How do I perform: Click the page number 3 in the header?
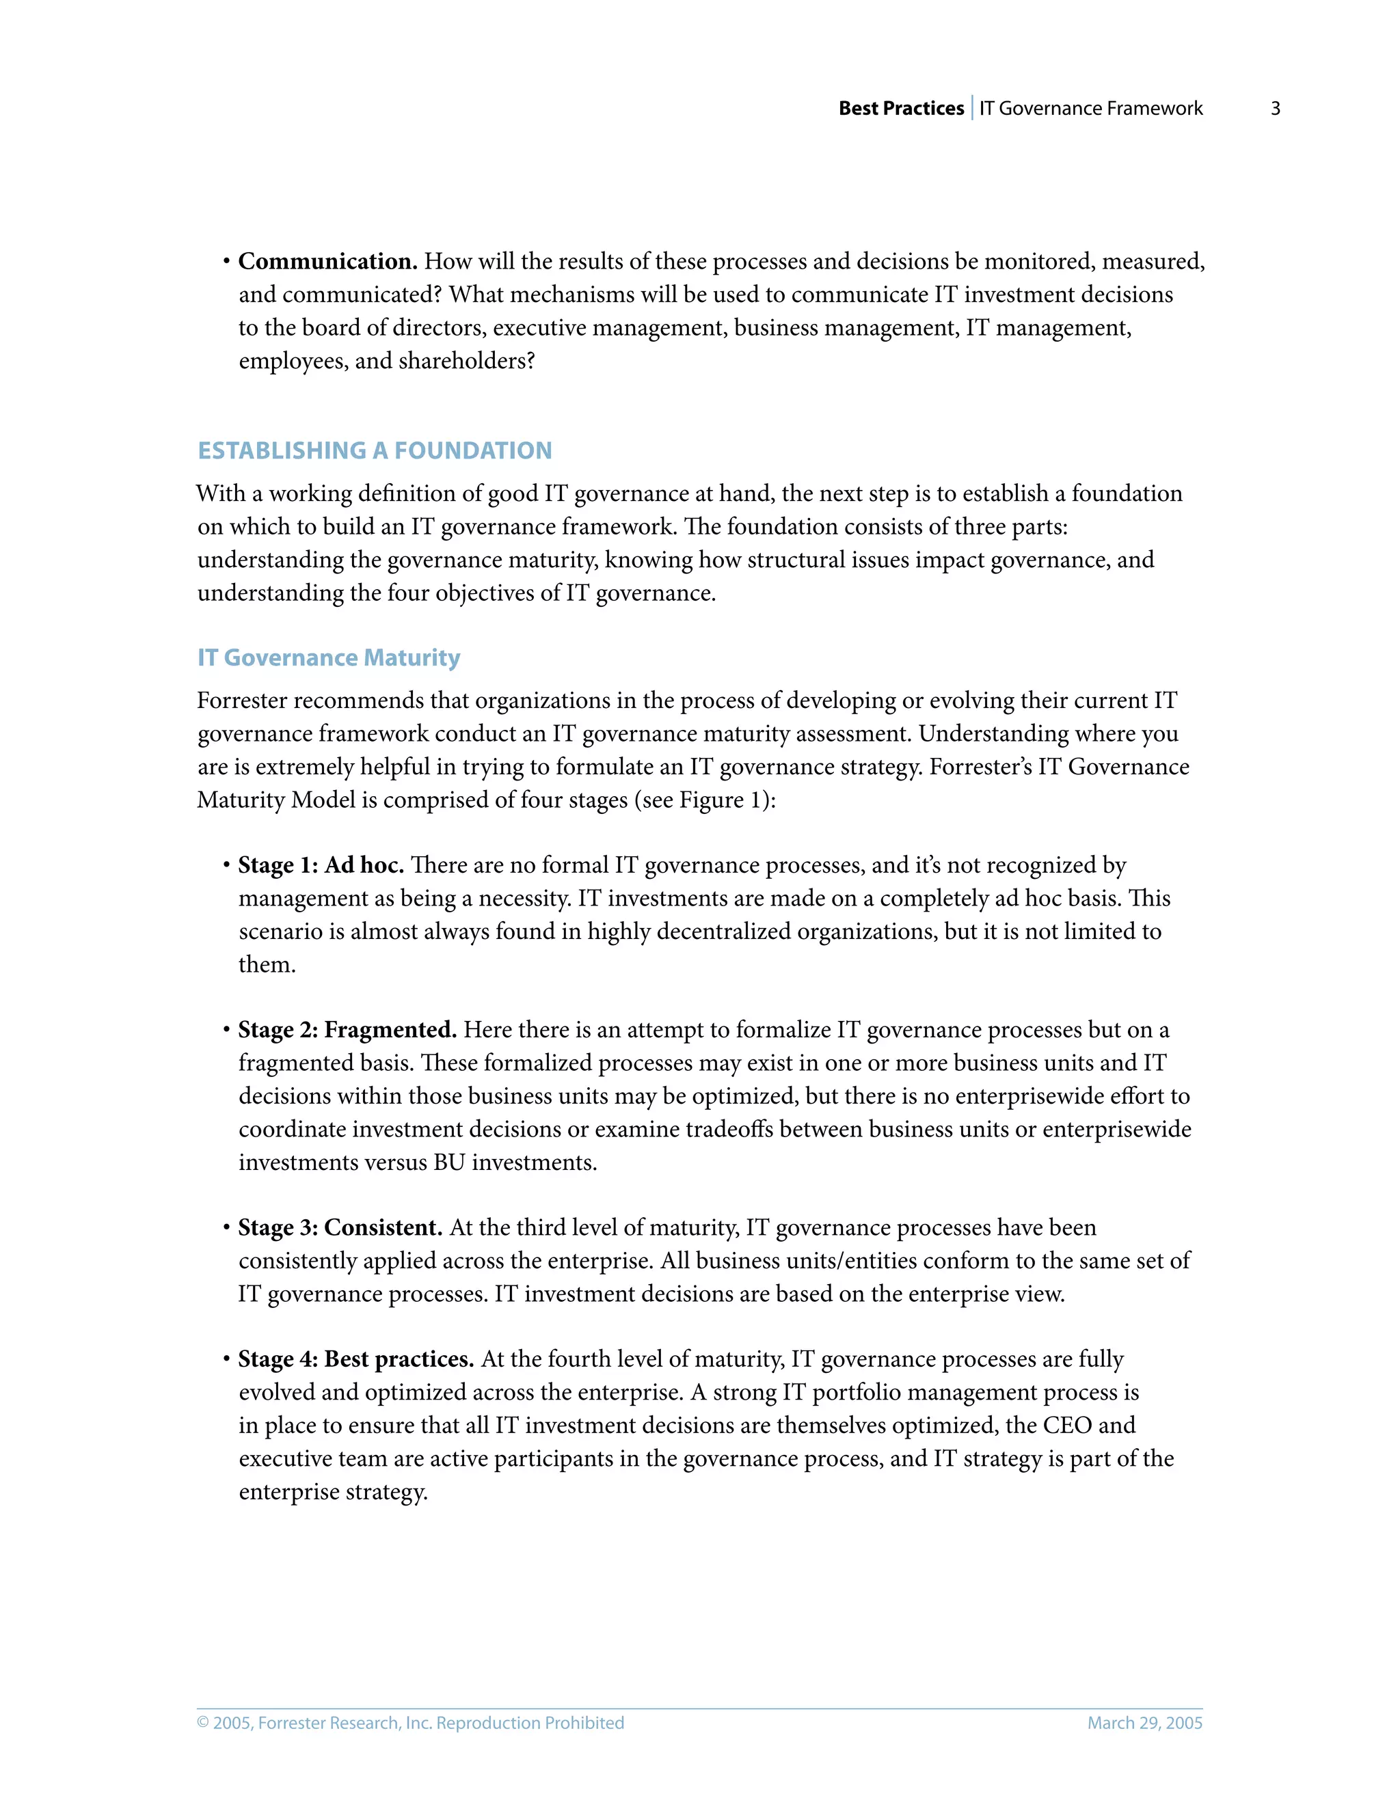[1275, 109]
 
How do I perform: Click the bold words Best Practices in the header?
[901, 109]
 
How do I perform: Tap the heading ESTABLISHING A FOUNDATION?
[374, 450]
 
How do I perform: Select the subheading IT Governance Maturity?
[328, 657]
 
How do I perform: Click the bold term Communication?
[327, 261]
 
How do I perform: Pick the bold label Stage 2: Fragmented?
[347, 1030]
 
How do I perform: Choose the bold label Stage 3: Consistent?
[340, 1227]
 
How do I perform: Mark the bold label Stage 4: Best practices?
[355, 1359]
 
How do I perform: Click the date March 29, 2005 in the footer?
[1144, 1723]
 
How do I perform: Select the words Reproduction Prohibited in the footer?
[530, 1723]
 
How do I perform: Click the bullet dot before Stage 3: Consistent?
[226, 1227]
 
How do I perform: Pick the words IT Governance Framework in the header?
[1090, 109]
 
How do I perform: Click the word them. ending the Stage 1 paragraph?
[267, 965]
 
